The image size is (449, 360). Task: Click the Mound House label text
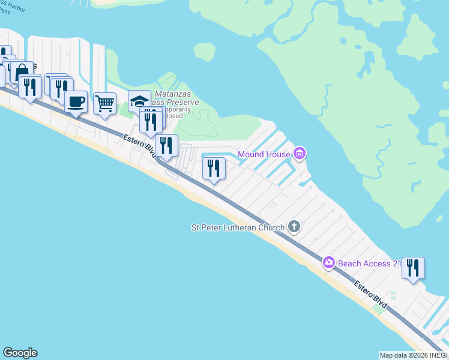pyautogui.click(x=264, y=154)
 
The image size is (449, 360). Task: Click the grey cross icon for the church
pyautogui.click(x=294, y=227)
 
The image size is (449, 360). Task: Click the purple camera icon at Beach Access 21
pyautogui.click(x=328, y=263)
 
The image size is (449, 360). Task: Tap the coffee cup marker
pyautogui.click(x=76, y=103)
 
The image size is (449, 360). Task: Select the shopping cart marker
pyautogui.click(x=105, y=104)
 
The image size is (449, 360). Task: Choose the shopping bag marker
pyautogui.click(x=22, y=71)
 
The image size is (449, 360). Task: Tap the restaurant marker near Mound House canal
pyautogui.click(x=214, y=169)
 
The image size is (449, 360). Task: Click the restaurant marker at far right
pyautogui.click(x=413, y=268)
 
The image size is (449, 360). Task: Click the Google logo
pyautogui.click(x=20, y=353)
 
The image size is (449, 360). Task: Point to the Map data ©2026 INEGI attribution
pyautogui.click(x=413, y=355)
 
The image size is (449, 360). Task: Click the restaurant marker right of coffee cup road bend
pyautogui.click(x=166, y=146)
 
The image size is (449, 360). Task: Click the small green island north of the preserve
pyautogui.click(x=205, y=52)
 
